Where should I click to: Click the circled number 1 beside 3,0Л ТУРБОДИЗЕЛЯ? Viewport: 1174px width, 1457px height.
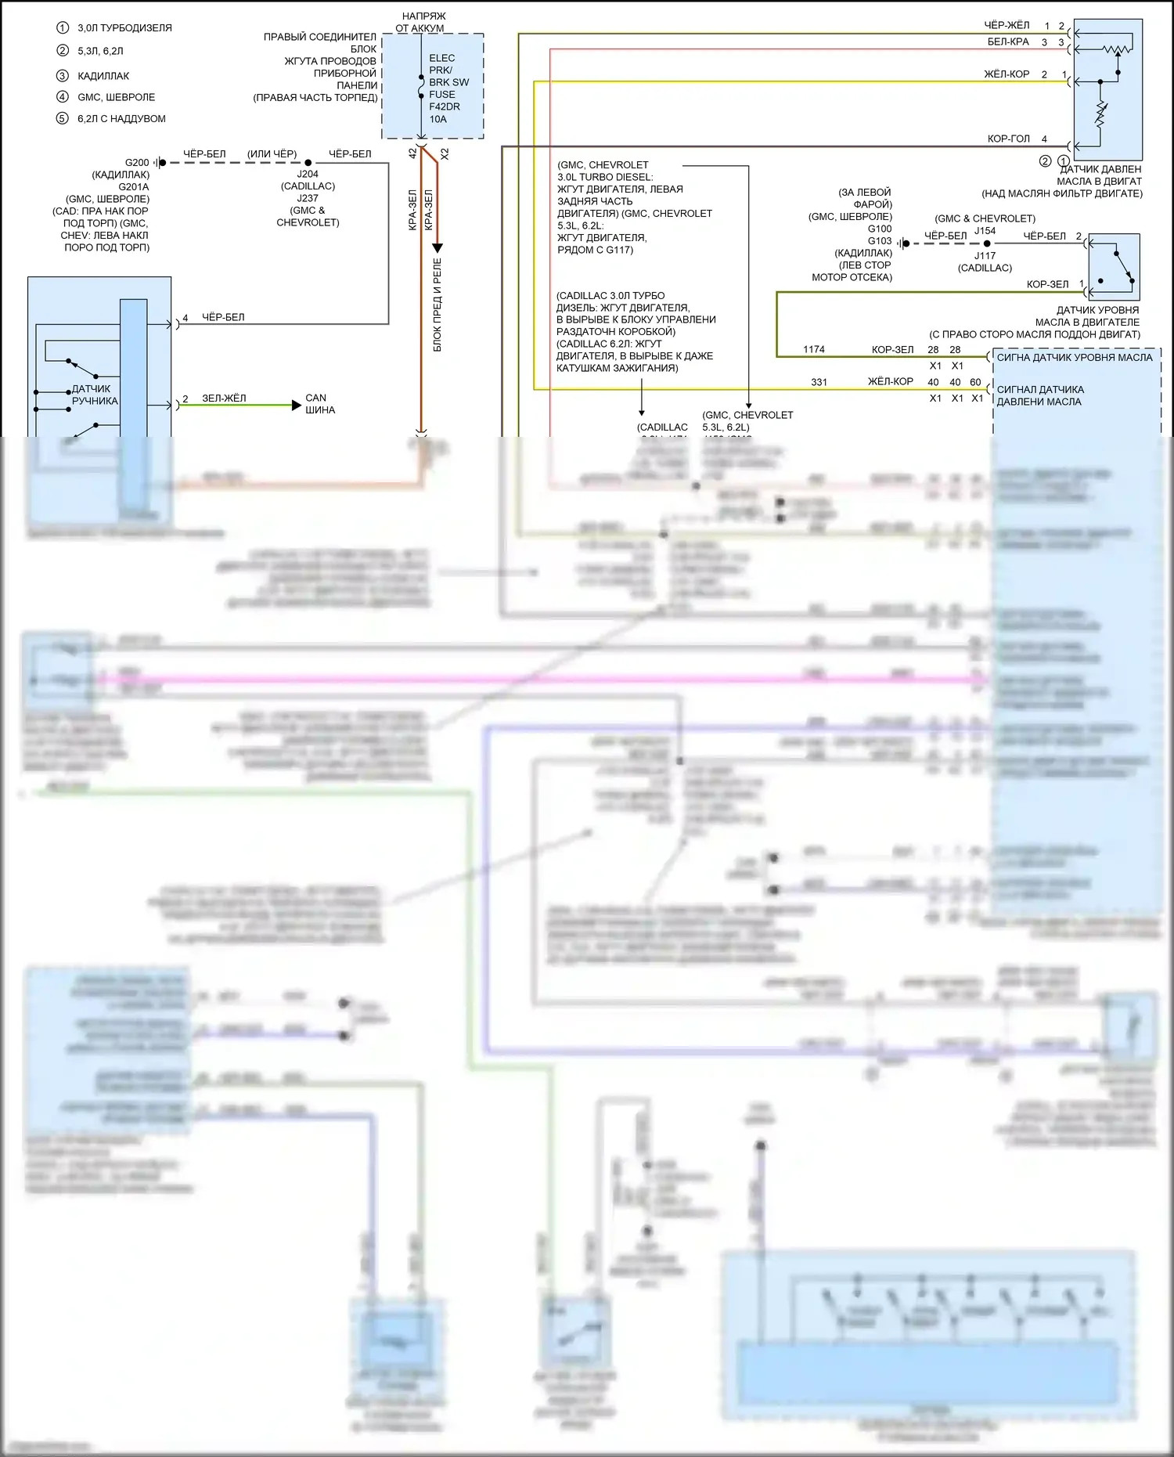click(x=63, y=27)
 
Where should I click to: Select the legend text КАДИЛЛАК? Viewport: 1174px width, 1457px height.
click(x=103, y=76)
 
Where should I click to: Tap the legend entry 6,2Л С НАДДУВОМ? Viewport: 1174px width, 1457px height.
click(x=121, y=119)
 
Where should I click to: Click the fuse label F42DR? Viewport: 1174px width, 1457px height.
click(x=444, y=106)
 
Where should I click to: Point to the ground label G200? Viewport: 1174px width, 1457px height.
click(x=137, y=163)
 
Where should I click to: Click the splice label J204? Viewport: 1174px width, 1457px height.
click(x=308, y=175)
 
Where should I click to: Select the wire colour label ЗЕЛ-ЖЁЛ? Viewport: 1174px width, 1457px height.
click(x=224, y=398)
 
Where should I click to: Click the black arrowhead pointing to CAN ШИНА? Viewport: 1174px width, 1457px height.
click(x=296, y=405)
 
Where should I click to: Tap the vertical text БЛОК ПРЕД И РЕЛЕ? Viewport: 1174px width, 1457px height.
click(x=438, y=305)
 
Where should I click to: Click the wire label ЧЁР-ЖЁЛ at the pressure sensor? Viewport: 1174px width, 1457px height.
click(x=1007, y=25)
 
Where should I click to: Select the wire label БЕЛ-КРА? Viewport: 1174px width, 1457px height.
click(x=1008, y=42)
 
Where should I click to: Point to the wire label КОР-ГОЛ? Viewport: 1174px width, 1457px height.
click(x=1009, y=139)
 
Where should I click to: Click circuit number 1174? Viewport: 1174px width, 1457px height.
click(x=814, y=349)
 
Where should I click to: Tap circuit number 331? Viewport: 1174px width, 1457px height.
click(x=819, y=382)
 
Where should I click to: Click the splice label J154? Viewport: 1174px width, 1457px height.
click(x=985, y=231)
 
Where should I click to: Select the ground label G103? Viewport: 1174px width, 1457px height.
click(x=880, y=241)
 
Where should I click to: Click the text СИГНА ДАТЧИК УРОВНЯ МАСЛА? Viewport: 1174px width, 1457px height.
click(x=1074, y=358)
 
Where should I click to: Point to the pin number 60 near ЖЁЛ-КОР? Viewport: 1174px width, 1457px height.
click(x=975, y=382)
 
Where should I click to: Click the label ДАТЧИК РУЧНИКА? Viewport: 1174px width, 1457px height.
click(x=94, y=395)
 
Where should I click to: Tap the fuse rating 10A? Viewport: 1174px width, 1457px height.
click(x=438, y=119)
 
